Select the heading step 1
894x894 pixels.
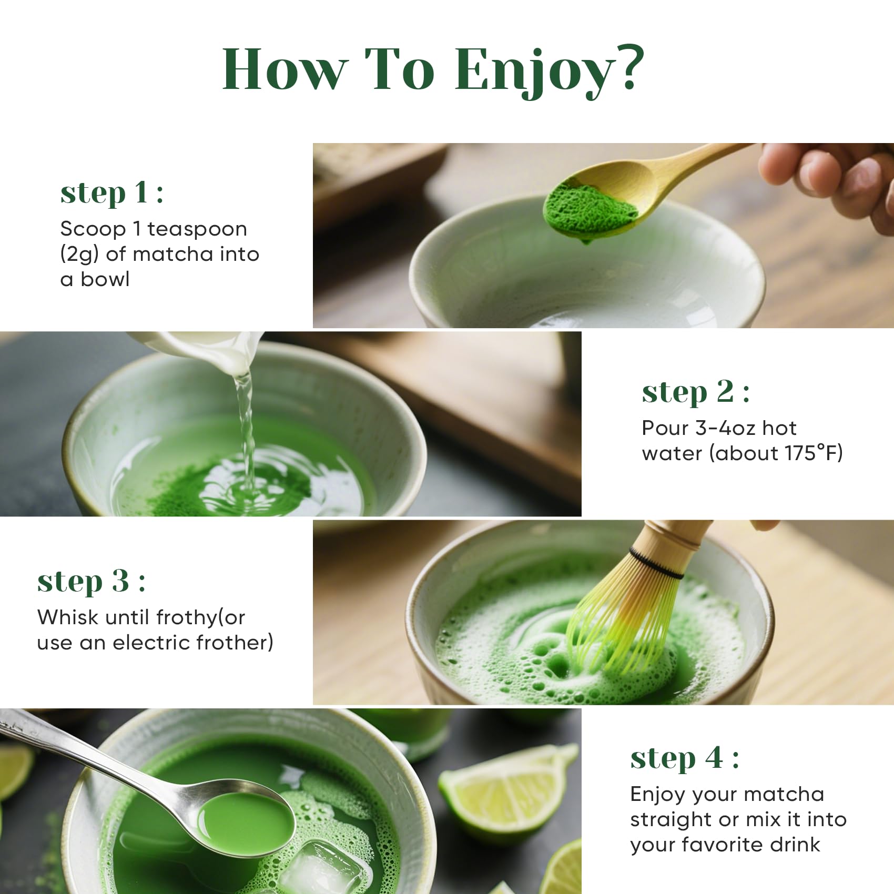pyautogui.click(x=112, y=193)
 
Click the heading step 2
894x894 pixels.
pyautogui.click(x=696, y=392)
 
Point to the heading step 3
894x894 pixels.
pyautogui.click(x=92, y=582)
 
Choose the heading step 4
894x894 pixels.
pyautogui.click(x=685, y=759)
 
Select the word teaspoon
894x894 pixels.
pyautogui.click(x=197, y=230)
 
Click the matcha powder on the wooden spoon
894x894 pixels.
pyautogui.click(x=589, y=210)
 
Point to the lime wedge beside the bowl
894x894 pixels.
pyautogui.click(x=504, y=789)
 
